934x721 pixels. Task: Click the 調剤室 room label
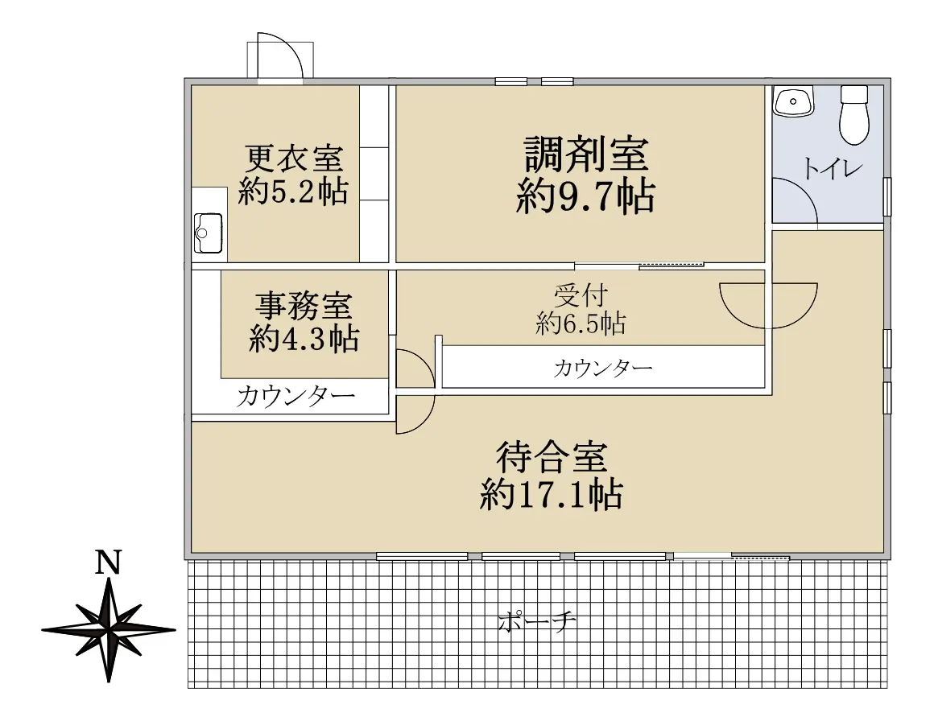586,154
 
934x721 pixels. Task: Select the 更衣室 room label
293,157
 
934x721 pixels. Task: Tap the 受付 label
580,295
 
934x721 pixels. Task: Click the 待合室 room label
551,458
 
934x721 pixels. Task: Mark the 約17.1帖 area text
551,494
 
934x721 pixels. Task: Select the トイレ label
832,170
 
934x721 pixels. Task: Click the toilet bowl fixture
853,114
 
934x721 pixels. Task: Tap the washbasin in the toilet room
795,102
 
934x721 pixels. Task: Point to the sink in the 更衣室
209,233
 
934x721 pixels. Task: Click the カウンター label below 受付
602,369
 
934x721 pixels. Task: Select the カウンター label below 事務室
295,397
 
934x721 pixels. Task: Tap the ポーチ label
537,621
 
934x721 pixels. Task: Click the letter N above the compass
108,562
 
